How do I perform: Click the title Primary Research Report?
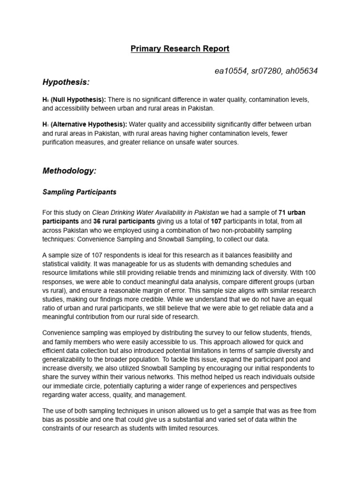180,49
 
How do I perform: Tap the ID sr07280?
265,71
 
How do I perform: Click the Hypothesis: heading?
66,82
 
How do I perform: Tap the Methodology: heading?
69,171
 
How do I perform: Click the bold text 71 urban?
292,212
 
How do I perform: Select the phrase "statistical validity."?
67,263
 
